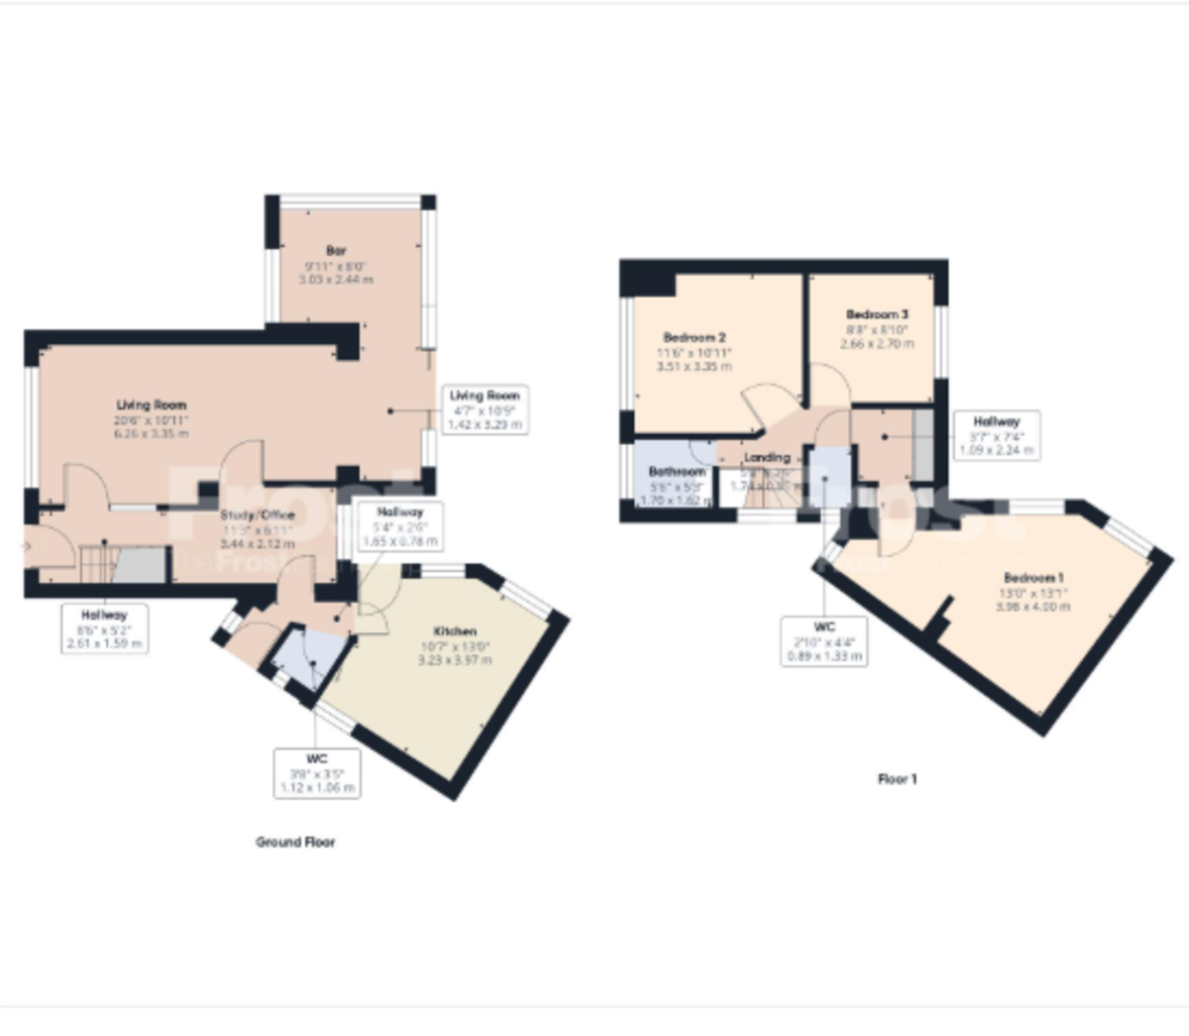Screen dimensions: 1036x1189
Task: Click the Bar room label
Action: tap(336, 251)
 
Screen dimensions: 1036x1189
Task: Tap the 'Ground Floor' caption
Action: tap(295, 842)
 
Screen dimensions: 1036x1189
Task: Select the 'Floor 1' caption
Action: tap(897, 779)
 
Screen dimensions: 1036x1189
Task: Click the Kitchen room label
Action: tap(455, 631)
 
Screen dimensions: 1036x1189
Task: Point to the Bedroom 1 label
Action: tap(1033, 578)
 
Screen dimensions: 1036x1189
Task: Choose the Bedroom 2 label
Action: tap(694, 337)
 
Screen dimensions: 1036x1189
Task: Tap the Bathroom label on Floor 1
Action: tap(677, 472)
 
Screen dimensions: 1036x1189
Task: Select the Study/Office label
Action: tap(258, 516)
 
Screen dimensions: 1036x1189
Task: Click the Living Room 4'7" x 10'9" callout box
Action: tap(485, 409)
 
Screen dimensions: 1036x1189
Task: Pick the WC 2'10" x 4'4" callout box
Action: tap(824, 641)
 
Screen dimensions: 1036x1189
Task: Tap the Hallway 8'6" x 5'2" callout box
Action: tap(105, 629)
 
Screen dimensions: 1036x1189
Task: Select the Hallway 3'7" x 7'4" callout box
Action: tap(996, 435)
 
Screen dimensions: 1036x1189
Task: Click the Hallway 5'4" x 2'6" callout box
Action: tap(399, 526)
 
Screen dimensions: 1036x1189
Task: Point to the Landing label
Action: tap(767, 458)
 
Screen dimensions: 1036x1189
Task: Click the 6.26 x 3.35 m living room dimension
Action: tap(152, 433)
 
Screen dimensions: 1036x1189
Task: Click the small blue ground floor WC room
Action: tap(309, 657)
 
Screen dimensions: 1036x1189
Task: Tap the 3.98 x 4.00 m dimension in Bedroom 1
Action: tap(1033, 606)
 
